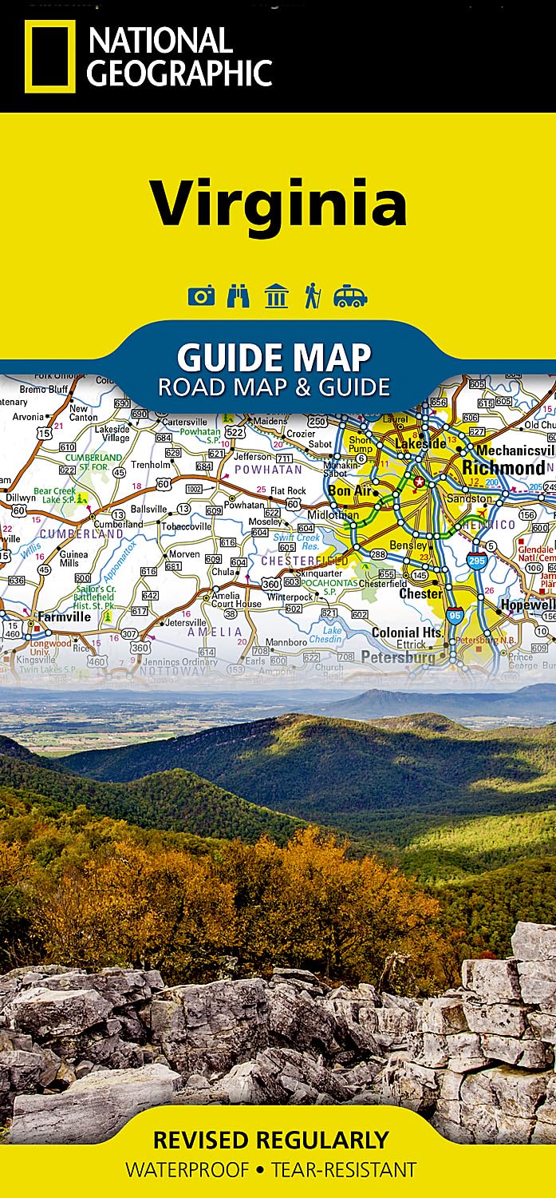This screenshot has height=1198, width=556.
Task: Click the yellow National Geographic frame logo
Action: pos(49,56)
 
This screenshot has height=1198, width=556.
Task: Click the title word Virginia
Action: pos(278,202)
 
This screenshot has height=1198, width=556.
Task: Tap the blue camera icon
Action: pos(201,296)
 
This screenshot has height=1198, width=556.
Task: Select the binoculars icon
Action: pos(238,296)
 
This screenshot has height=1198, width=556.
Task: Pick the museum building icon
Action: pos(276,296)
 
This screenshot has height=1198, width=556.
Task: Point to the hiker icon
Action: pos(312,296)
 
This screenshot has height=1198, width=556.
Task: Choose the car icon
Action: pos(350,297)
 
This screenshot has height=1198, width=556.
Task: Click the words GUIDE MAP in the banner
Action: pos(274,356)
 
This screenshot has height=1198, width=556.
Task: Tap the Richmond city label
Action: pos(503,468)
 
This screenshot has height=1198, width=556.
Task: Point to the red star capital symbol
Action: pos(420,482)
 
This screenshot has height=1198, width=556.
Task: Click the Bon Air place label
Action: pos(349,491)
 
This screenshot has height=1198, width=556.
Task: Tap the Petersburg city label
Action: pos(398,657)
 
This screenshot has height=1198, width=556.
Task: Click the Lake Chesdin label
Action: pos(332,635)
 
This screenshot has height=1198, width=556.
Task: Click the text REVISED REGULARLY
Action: pos(270,1139)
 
